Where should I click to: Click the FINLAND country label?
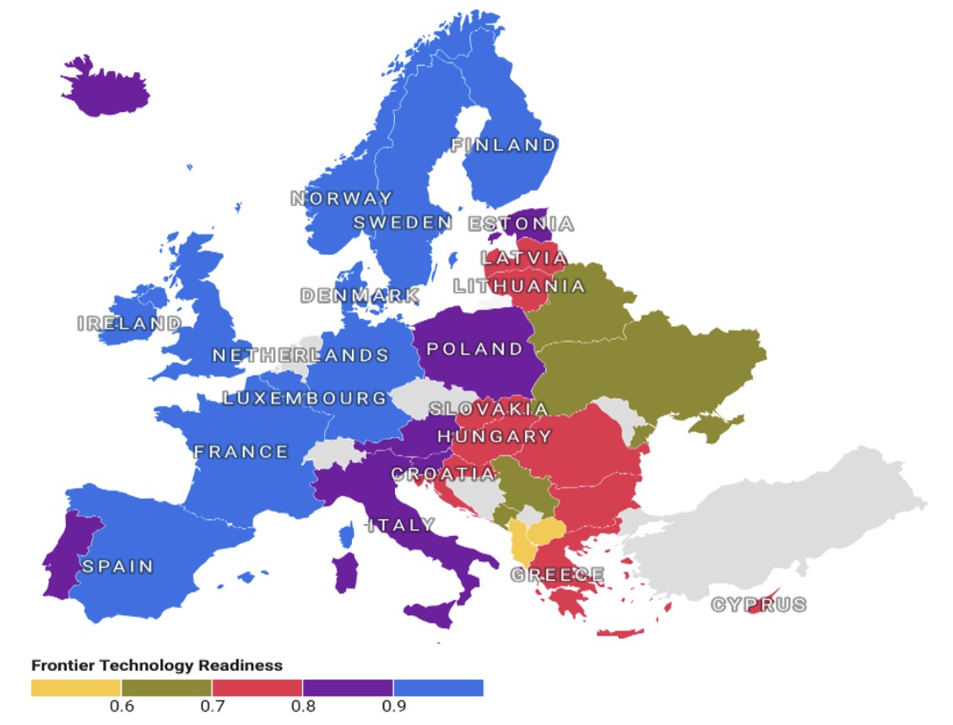coord(504,145)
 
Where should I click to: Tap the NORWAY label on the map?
coord(342,199)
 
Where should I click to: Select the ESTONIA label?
coord(521,225)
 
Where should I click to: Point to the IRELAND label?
coord(129,323)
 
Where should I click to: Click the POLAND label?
coord(475,349)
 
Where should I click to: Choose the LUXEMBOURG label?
coord(306,398)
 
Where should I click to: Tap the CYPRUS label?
coord(758,605)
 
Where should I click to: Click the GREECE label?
coord(557,576)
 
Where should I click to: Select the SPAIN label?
coord(117,566)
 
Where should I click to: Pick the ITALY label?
coord(402,525)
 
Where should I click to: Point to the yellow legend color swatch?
coord(76,688)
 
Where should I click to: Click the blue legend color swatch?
coord(438,688)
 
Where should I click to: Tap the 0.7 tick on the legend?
coord(212,706)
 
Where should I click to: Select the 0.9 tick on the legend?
coord(393,706)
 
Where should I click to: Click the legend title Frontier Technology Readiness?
coord(157,666)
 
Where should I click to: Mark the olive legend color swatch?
coord(166,688)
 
